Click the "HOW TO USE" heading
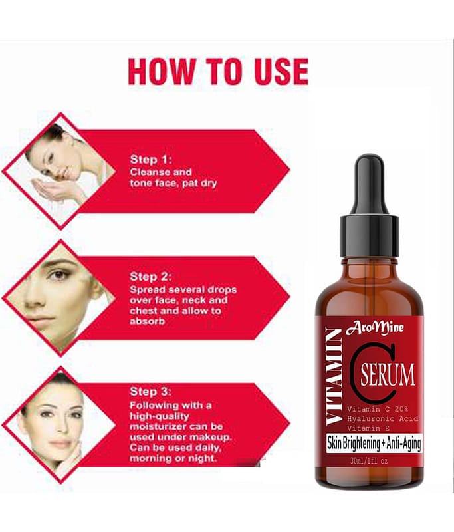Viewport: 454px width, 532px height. pyautogui.click(x=218, y=71)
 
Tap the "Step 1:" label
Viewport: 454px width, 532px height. pyautogui.click(x=151, y=160)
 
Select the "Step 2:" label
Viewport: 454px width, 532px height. pyautogui.click(x=151, y=277)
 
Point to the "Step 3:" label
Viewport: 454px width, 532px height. pyautogui.click(x=151, y=392)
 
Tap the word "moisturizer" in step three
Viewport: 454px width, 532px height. pyautogui.click(x=158, y=426)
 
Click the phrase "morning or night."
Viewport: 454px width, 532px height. pyautogui.click(x=173, y=458)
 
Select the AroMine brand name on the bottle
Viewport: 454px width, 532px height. pyautogui.click(x=375, y=329)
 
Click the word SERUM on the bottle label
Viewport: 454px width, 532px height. pyautogui.click(x=388, y=375)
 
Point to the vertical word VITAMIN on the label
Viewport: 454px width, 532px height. pyautogui.click(x=334, y=376)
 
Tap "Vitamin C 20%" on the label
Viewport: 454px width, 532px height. pyautogui.click(x=378, y=409)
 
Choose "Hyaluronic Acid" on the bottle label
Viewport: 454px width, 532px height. pyautogui.click(x=382, y=419)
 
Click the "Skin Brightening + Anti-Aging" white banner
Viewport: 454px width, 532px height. pyautogui.click(x=374, y=443)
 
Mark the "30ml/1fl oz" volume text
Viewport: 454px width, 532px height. pyautogui.click(x=369, y=461)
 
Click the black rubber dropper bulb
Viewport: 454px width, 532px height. pyautogui.click(x=370, y=184)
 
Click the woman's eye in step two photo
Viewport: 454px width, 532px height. pyautogui.click(x=60, y=274)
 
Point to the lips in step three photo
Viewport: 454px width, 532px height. pyautogui.click(x=60, y=444)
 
